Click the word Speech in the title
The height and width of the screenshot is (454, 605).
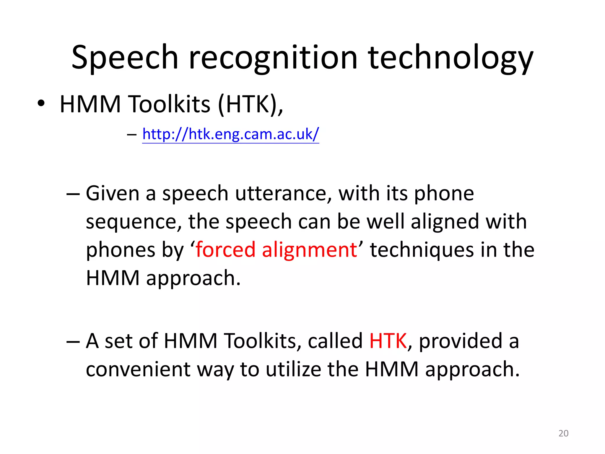tap(125, 58)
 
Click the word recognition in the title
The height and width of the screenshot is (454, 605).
tap(273, 58)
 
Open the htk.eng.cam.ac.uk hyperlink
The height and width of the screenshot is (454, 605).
tap(230, 134)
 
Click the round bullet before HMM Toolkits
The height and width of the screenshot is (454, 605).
tap(41, 104)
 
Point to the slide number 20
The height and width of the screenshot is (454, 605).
tap(563, 433)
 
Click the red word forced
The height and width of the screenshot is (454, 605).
tap(225, 250)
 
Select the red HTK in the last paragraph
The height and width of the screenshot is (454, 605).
tap(388, 341)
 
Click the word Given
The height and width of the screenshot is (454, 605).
tap(113, 194)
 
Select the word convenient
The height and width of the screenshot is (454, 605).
tap(138, 369)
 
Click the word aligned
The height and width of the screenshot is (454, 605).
tap(445, 222)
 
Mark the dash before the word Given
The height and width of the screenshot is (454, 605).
tap(73, 194)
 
